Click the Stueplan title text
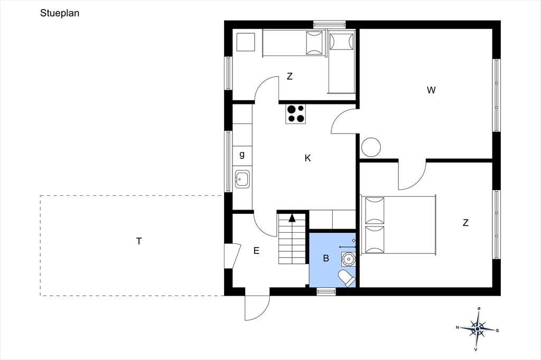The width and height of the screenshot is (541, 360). (60, 13)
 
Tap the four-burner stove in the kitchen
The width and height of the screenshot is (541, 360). (296, 114)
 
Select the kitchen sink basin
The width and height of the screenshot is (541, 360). (242, 179)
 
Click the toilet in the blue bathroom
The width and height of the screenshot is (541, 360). (347, 278)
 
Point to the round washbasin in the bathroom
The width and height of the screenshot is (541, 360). (347, 258)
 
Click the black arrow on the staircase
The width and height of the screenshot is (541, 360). (292, 217)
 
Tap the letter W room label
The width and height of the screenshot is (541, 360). (431, 90)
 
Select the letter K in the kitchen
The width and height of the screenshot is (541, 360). (308, 158)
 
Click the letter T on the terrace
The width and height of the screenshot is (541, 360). (139, 241)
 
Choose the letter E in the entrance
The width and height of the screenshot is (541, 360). (256, 251)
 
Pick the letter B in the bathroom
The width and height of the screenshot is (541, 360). (326, 258)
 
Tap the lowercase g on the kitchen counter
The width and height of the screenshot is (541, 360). (242, 155)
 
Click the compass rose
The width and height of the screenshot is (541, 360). (477, 329)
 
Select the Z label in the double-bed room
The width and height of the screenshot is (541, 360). (465, 223)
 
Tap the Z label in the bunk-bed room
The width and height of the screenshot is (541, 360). (290, 76)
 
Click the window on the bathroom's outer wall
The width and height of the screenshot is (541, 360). (326, 292)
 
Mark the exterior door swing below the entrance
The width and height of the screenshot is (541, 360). (257, 308)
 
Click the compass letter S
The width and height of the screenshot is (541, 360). (497, 330)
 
